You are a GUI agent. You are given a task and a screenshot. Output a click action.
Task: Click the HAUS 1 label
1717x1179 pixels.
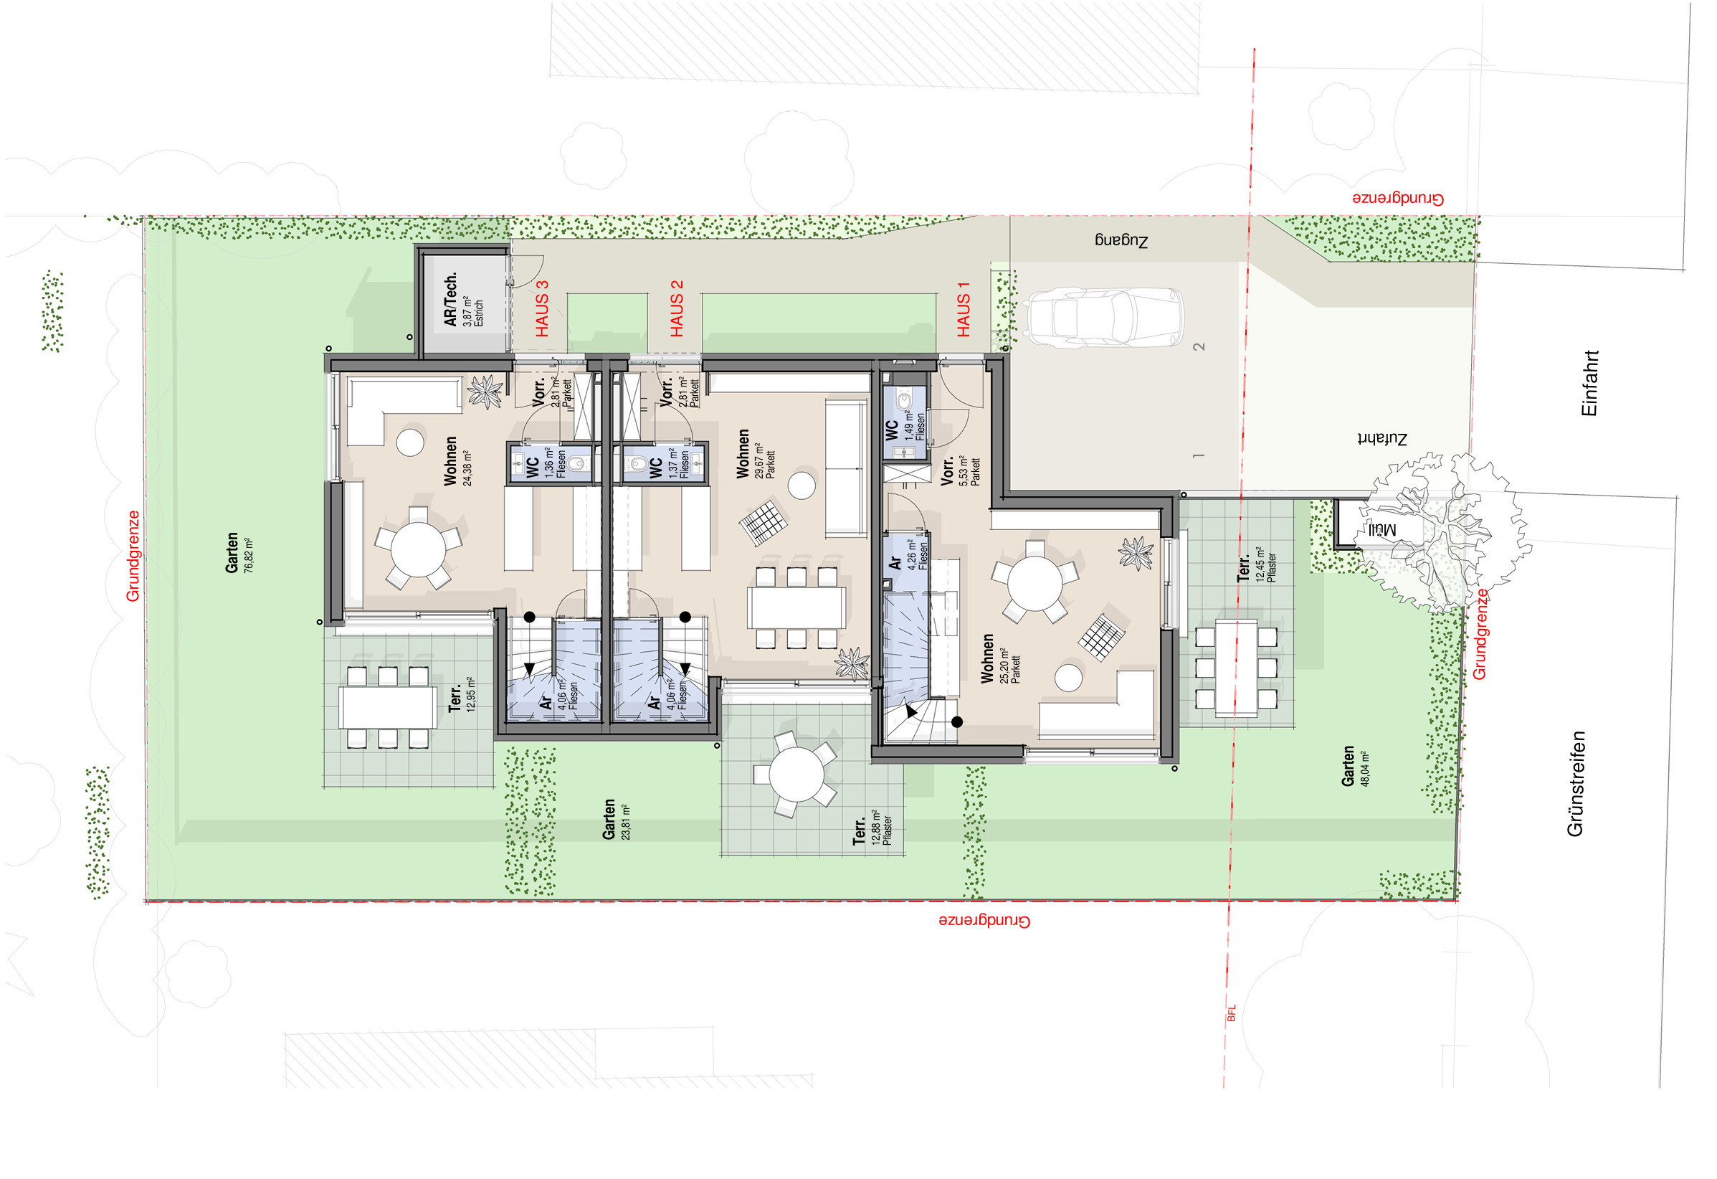[x=964, y=310]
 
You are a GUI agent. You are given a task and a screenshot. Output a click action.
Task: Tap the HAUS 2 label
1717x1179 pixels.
[x=677, y=309]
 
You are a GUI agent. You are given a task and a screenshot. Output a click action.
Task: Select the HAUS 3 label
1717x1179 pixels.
[x=542, y=309]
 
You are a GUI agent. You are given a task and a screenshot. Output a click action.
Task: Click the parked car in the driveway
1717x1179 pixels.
[x=1105, y=318]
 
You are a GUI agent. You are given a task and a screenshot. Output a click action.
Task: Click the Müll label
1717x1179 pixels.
[x=1380, y=530]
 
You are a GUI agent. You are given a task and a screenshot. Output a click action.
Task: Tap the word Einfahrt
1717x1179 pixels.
[x=1590, y=383]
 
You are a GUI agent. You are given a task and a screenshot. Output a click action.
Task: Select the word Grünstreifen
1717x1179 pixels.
[x=1575, y=784]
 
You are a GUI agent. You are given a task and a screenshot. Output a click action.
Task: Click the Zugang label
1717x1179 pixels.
[x=1121, y=240]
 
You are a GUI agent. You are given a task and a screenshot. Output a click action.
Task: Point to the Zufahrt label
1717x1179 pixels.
[x=1382, y=438]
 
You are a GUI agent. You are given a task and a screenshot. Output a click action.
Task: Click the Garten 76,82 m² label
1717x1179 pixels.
[x=239, y=552]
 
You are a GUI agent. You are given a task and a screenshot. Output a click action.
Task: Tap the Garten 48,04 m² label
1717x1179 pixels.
[x=1355, y=766]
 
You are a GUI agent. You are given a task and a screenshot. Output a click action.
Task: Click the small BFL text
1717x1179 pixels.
[x=1231, y=1013]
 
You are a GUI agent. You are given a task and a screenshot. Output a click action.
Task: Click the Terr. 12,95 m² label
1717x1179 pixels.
[x=462, y=696]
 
